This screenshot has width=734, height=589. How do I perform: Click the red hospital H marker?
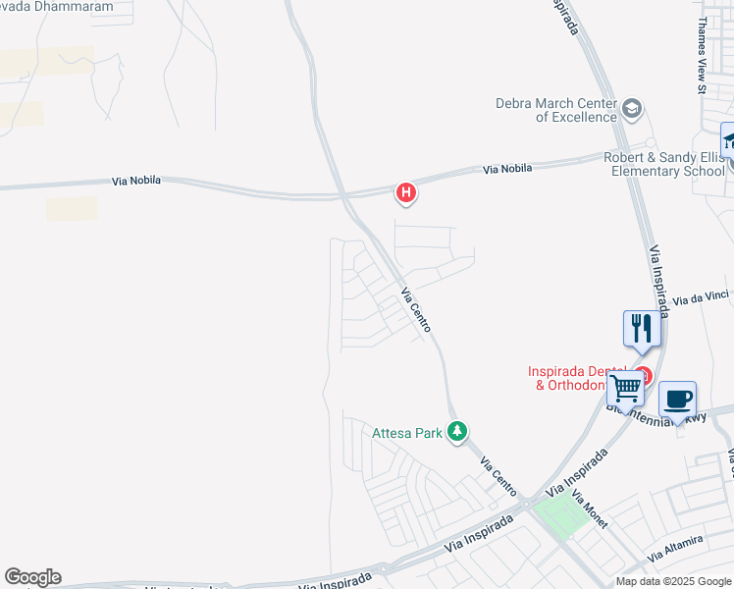pyautogui.click(x=405, y=192)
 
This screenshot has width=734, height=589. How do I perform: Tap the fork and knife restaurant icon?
pyautogui.click(x=642, y=329)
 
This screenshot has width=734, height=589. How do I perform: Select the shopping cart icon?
pyautogui.click(x=625, y=389)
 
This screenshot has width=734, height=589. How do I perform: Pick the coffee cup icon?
pyautogui.click(x=677, y=400)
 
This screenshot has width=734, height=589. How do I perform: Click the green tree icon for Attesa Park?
pyautogui.click(x=456, y=431)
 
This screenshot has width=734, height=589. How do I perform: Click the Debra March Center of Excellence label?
pyautogui.click(x=555, y=110)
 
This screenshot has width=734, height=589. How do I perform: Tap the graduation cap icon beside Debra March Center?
pyautogui.click(x=632, y=108)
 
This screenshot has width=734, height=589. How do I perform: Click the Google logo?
pyautogui.click(x=32, y=576)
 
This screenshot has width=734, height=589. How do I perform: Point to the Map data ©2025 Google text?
pyautogui.click(x=672, y=581)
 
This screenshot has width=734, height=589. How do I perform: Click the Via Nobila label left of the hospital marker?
pyautogui.click(x=136, y=181)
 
